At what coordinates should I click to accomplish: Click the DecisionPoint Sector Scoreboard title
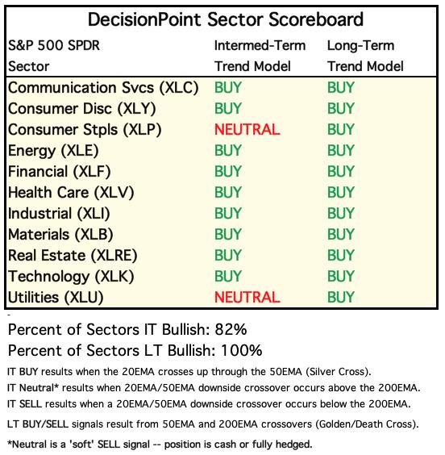225,19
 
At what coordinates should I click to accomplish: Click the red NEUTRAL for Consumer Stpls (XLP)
247,129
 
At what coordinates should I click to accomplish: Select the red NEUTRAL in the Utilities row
247,297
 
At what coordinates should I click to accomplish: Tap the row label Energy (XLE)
53,151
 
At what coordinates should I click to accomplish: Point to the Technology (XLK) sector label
71,276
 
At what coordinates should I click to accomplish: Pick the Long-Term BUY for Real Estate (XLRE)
341,256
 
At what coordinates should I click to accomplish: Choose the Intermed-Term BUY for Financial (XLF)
228,171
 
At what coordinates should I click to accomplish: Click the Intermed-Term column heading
260,45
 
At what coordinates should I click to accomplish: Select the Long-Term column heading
360,45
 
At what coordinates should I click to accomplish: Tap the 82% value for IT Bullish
231,330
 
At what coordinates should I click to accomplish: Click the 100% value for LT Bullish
242,351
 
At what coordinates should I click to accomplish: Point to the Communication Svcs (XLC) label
103,88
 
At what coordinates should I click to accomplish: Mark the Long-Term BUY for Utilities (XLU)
341,297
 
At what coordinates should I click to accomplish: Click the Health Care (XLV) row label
71,192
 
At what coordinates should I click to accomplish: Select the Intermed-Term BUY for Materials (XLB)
228,234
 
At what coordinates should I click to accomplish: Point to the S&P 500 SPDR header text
54,45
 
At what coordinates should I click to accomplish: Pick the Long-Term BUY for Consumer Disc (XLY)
341,109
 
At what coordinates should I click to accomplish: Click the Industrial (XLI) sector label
59,214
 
